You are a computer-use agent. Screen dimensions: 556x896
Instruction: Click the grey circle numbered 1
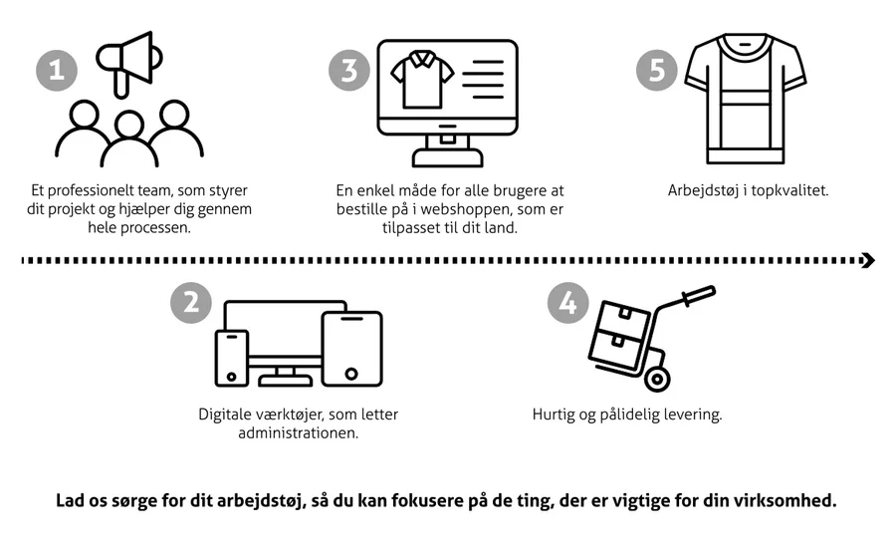58,71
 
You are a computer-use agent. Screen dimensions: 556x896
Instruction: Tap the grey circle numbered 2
192,302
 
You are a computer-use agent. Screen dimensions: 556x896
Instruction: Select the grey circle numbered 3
349,71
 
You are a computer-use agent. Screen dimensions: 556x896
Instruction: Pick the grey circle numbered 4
568,302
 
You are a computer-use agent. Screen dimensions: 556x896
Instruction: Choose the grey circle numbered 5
656,71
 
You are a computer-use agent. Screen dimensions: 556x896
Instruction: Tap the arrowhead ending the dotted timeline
868,260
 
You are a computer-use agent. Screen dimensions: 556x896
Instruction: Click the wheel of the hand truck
657,378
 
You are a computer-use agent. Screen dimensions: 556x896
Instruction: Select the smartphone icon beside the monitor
232,357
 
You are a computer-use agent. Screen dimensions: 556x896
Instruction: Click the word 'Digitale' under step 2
225,415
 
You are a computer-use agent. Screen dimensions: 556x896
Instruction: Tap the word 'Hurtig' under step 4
555,415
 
